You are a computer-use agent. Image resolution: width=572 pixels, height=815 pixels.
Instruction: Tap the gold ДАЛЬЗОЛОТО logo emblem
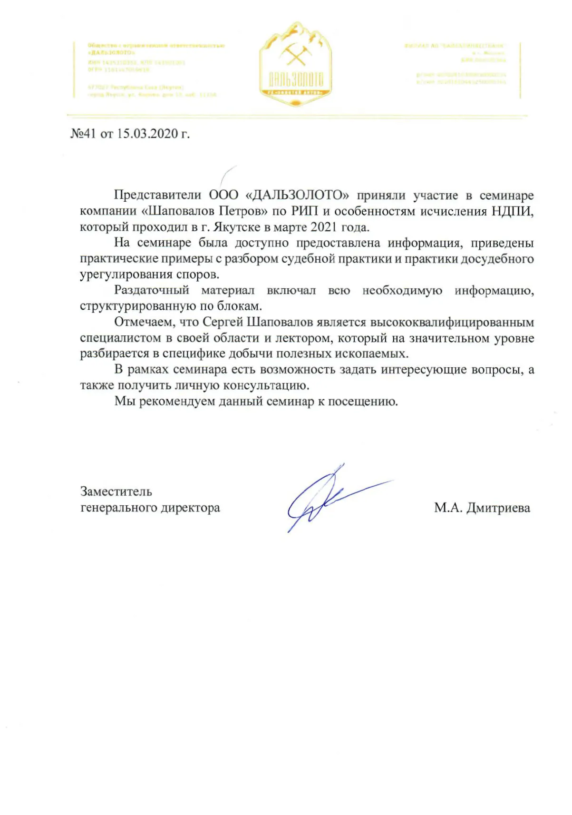295,64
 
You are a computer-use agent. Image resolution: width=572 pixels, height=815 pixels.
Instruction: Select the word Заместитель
116,491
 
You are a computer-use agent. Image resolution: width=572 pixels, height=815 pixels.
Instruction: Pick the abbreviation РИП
304,211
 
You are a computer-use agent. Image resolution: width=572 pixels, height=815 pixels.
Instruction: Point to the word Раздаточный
152,291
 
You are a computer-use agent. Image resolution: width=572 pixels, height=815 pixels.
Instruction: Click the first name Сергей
223,323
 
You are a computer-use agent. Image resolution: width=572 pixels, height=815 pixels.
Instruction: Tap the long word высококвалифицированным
452,323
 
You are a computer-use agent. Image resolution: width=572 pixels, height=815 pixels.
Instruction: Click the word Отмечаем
144,323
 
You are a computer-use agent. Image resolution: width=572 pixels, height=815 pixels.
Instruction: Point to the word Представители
158,196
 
